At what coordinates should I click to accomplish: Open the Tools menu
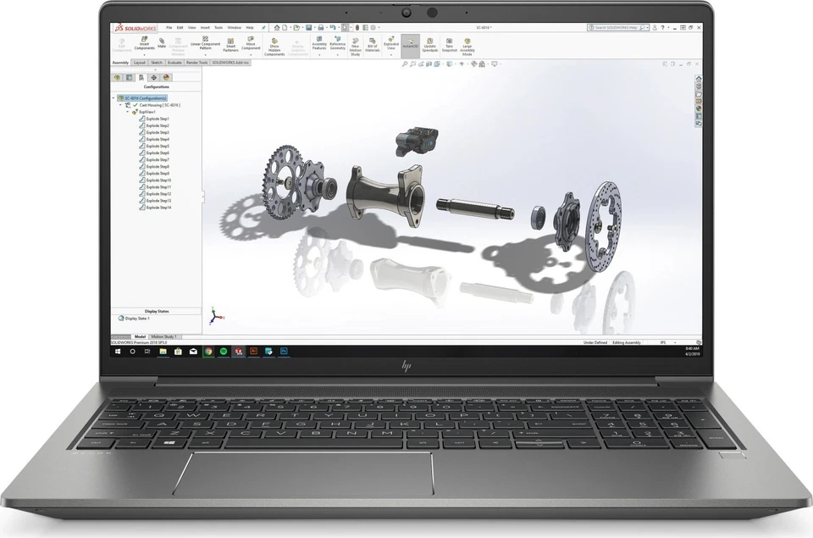[218, 27]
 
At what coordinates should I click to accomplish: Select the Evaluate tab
[174, 62]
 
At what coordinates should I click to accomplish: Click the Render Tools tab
[196, 62]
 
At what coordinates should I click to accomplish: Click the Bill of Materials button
[373, 46]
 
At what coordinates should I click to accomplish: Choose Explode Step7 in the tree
[158, 159]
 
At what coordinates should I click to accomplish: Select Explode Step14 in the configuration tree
[158, 207]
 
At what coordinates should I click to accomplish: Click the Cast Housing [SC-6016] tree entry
[159, 105]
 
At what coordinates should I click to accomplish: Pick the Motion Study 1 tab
[164, 336]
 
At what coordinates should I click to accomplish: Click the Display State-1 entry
[137, 319]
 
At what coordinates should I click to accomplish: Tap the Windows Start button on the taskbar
[119, 350]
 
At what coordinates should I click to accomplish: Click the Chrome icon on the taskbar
[208, 350]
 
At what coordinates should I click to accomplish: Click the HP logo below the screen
[406, 366]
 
